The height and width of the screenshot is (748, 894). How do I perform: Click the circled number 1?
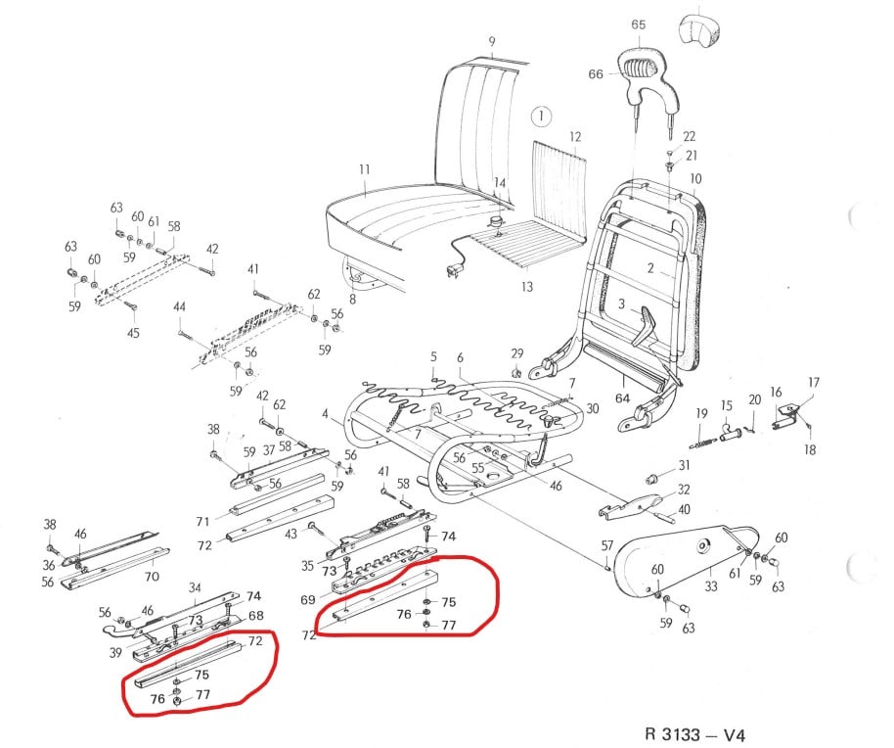(x=541, y=118)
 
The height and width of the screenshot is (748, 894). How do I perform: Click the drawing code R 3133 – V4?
(x=700, y=732)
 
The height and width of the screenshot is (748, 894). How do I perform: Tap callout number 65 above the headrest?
(x=639, y=24)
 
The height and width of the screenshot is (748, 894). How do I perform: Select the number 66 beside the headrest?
(x=595, y=73)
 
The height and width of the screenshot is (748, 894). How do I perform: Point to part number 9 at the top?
(x=492, y=41)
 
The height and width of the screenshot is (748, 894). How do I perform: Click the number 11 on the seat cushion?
(x=364, y=170)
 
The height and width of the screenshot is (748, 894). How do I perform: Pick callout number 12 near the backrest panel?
(x=575, y=136)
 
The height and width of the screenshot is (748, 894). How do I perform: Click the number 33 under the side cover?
(x=710, y=587)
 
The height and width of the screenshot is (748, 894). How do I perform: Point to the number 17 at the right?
(x=813, y=382)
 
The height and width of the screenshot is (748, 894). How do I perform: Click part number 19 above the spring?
(x=701, y=414)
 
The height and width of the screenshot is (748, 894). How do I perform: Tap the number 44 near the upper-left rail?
(x=179, y=307)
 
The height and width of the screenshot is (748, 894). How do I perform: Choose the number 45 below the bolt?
(x=133, y=334)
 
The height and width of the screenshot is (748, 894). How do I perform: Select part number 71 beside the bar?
(x=203, y=520)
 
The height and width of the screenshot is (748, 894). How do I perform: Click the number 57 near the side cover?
(x=607, y=545)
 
